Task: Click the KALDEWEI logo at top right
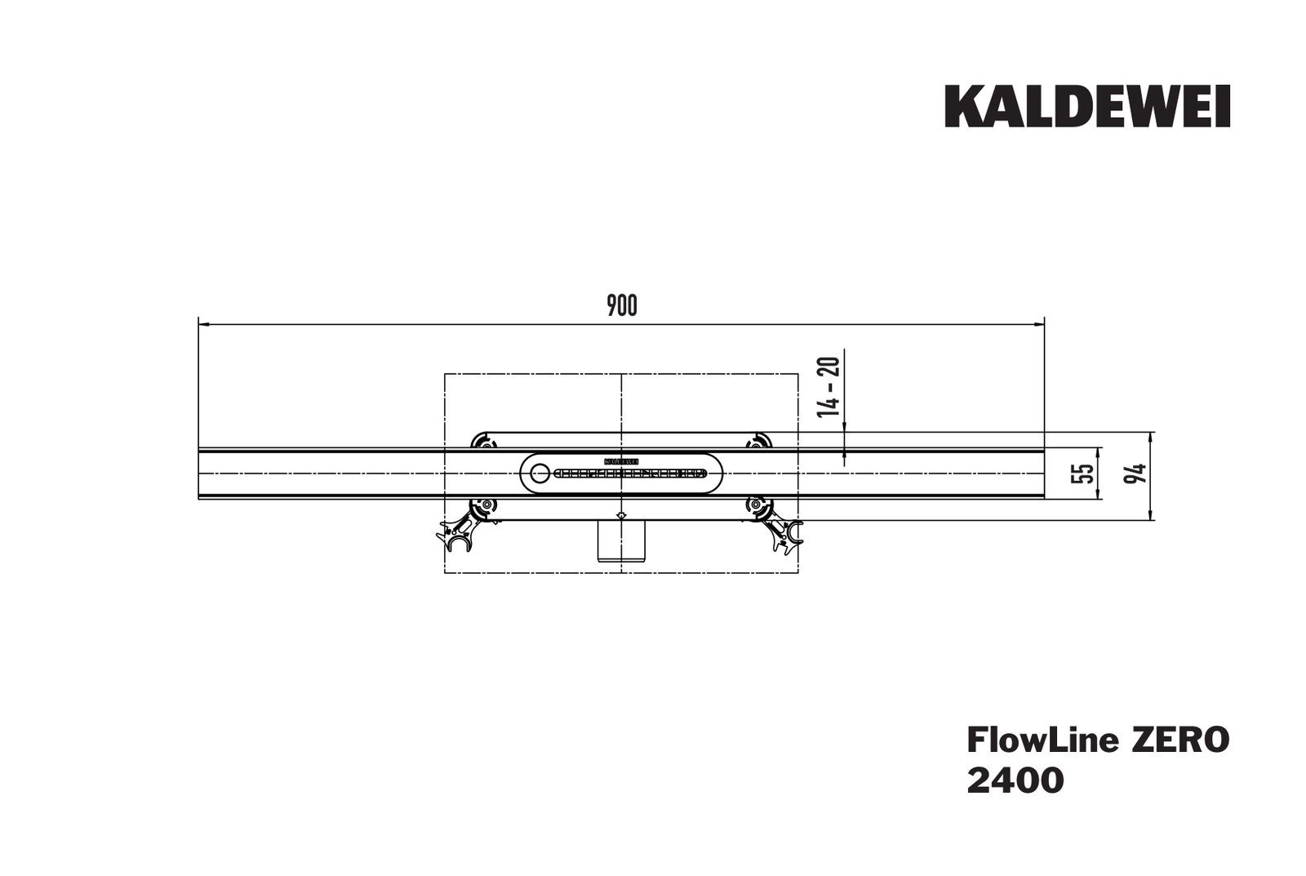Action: pyautogui.click(x=1087, y=108)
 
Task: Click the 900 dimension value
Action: pyautogui.click(x=622, y=306)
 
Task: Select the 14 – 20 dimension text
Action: pyautogui.click(x=830, y=385)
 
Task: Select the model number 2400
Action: pyautogui.click(x=1015, y=780)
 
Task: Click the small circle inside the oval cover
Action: pyautogui.click(x=539, y=473)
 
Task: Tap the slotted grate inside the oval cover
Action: pyautogui.click(x=629, y=473)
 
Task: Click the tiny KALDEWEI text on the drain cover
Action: pyautogui.click(x=622, y=461)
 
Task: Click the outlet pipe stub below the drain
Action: pyautogui.click(x=621, y=541)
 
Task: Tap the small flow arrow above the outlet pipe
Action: pyautogui.click(x=621, y=516)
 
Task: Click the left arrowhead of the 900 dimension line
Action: pyautogui.click(x=205, y=324)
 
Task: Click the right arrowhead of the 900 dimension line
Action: pyautogui.click(x=1039, y=324)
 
